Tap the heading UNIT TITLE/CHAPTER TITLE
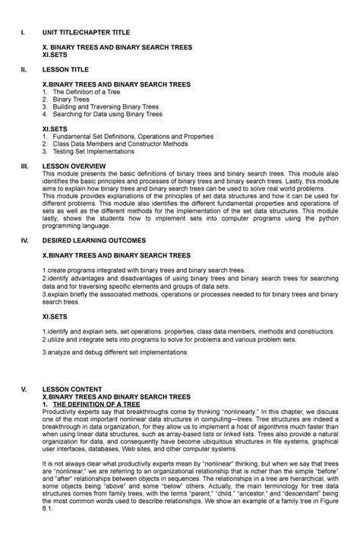pyautogui.click(x=86, y=33)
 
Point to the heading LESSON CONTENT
pyautogui.click(x=71, y=389)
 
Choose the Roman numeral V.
pyautogui.click(x=23, y=389)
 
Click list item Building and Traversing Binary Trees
pyautogui.click(x=106, y=106)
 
